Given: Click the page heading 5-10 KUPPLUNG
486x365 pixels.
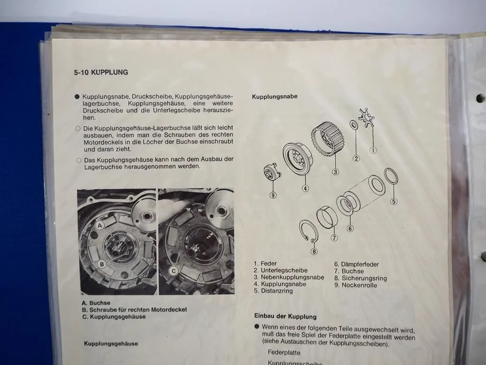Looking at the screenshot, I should [101, 73].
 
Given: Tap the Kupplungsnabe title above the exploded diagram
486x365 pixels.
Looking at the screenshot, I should [275, 96].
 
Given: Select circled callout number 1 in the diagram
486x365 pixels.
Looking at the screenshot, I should [373, 151].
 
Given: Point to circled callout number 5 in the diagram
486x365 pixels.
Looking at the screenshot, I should [393, 201].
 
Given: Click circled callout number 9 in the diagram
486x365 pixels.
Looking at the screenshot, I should [273, 194].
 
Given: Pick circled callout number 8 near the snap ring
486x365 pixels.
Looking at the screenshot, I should [314, 251].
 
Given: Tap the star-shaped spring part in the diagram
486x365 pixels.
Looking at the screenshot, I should [366, 117].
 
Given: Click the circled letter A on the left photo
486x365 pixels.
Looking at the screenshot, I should [100, 226].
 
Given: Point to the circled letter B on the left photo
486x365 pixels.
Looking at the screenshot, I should [102, 264].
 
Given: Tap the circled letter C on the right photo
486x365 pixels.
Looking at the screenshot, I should [174, 271].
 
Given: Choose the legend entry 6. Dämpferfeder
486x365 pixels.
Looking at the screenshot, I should [356, 265].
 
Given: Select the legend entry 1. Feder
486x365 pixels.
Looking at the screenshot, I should [265, 263].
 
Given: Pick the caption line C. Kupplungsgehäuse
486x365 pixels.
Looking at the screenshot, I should [114, 317].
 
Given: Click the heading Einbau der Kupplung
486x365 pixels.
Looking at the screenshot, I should [285, 317].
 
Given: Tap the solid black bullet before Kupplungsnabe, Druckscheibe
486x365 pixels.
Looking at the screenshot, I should [77, 96].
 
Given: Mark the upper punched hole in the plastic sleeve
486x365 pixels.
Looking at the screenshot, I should [480, 98].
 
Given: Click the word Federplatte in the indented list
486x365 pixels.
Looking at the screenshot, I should [284, 353].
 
